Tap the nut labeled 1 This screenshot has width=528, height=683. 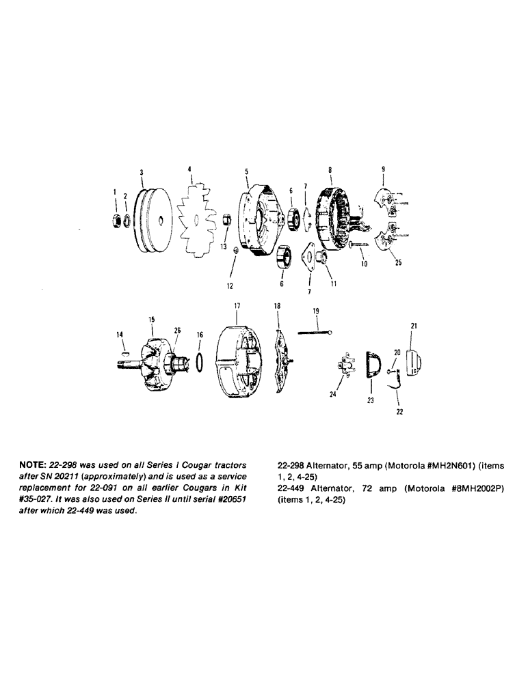tap(117, 221)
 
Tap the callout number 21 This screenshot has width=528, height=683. tap(414, 326)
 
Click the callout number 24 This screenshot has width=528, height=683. tap(332, 394)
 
